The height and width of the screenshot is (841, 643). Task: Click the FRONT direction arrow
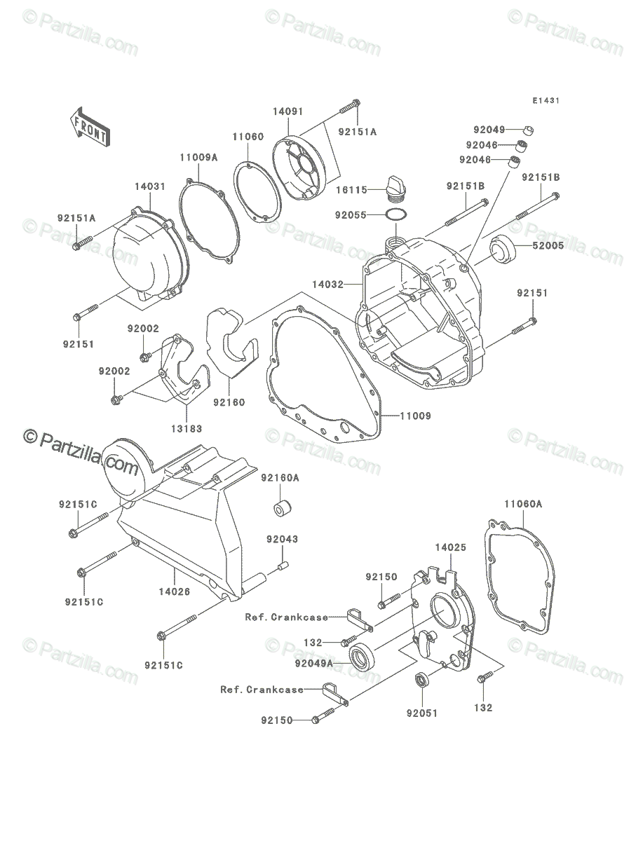point(90,127)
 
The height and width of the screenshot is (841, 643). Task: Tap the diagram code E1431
point(546,101)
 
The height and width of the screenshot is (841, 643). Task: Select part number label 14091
point(287,111)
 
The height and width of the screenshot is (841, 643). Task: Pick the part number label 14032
point(327,285)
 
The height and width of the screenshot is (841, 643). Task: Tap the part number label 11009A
point(199,158)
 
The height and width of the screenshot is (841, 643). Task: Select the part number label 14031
point(150,186)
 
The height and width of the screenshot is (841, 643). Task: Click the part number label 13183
point(187,428)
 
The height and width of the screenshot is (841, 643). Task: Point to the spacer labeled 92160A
point(283,508)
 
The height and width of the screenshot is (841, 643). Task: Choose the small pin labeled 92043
point(283,566)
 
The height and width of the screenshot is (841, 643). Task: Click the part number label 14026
point(175,592)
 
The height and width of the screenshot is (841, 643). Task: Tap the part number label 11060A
point(523,504)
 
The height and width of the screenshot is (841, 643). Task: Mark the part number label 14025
point(451,547)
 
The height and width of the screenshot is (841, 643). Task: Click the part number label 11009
point(416,416)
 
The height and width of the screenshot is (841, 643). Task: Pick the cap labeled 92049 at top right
point(529,130)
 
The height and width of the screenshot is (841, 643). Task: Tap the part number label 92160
point(229,402)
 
